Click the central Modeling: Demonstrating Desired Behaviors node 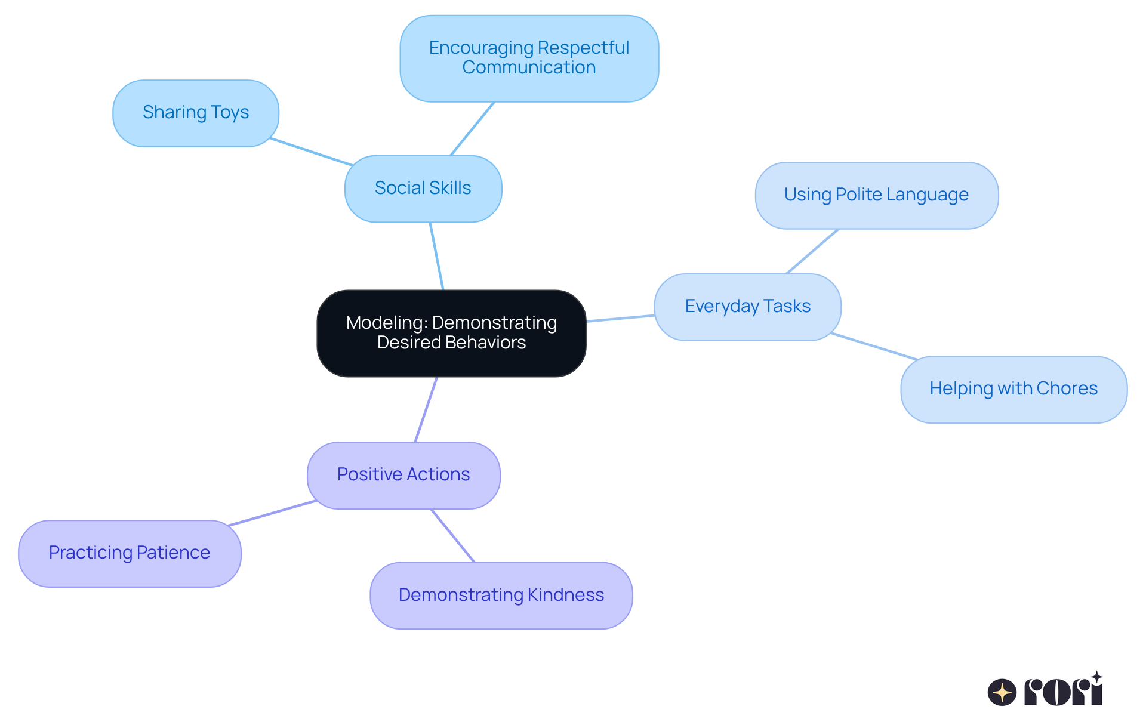451,333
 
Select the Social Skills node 423,189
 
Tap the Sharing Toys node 196,113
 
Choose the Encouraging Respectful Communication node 529,58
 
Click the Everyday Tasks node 747,307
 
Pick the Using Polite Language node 876,195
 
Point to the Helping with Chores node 1013,389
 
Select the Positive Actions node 403,475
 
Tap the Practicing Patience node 130,553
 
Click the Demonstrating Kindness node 501,595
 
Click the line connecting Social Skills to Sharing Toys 311,152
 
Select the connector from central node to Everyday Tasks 621,318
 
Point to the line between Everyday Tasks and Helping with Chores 874,346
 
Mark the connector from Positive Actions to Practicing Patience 272,513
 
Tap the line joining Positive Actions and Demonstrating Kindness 452,535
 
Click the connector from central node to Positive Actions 426,409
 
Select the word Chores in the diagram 1067,389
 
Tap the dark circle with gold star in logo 1002,692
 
